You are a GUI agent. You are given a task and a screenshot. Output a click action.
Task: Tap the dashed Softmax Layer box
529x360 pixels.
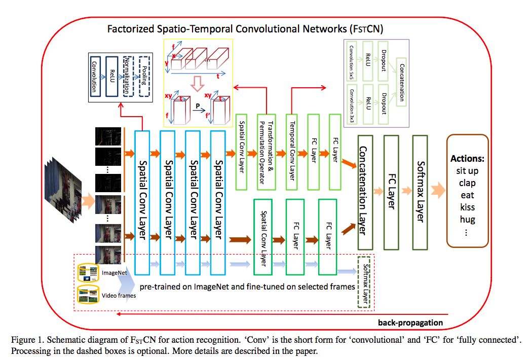[x=364, y=282]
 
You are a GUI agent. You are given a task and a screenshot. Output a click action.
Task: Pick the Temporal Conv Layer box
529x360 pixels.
[x=291, y=152]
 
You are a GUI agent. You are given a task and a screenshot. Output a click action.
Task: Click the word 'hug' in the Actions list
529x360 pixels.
[x=467, y=220]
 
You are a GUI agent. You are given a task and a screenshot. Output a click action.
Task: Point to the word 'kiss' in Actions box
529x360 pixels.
[x=467, y=207]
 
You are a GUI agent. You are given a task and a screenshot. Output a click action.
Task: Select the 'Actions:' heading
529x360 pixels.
[x=467, y=158]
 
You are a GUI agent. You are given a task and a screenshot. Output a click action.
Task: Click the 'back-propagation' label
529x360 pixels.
[x=410, y=322]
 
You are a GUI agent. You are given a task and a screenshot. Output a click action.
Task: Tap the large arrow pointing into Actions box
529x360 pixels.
[x=436, y=191]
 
